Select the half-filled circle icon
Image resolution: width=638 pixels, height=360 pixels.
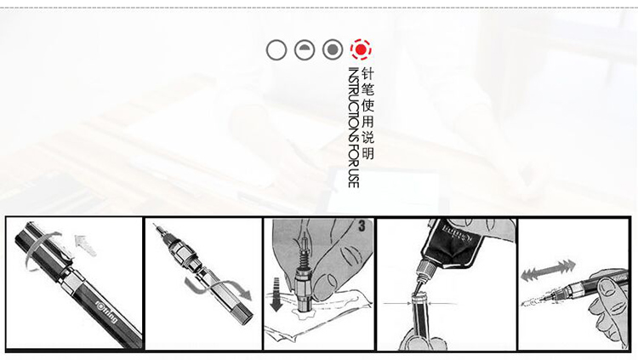coord(305,50)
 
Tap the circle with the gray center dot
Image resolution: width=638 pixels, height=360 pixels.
coord(333,50)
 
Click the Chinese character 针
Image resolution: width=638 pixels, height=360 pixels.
coord(367,74)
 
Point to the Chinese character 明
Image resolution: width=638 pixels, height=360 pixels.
coord(367,153)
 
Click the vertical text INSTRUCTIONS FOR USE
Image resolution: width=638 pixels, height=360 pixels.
coord(353,128)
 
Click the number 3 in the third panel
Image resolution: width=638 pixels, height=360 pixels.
coord(362,226)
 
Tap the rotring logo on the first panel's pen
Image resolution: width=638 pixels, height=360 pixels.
coord(106,311)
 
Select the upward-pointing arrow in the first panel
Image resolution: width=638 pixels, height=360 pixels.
coord(85,245)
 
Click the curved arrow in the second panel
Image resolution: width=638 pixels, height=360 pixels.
coord(217,288)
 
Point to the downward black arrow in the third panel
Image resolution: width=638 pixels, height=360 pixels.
coord(276,294)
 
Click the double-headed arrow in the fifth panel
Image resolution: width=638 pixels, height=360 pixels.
coord(548,270)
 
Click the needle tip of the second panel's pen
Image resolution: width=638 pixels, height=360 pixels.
coord(154,225)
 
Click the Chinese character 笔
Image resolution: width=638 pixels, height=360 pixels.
coord(367,90)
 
